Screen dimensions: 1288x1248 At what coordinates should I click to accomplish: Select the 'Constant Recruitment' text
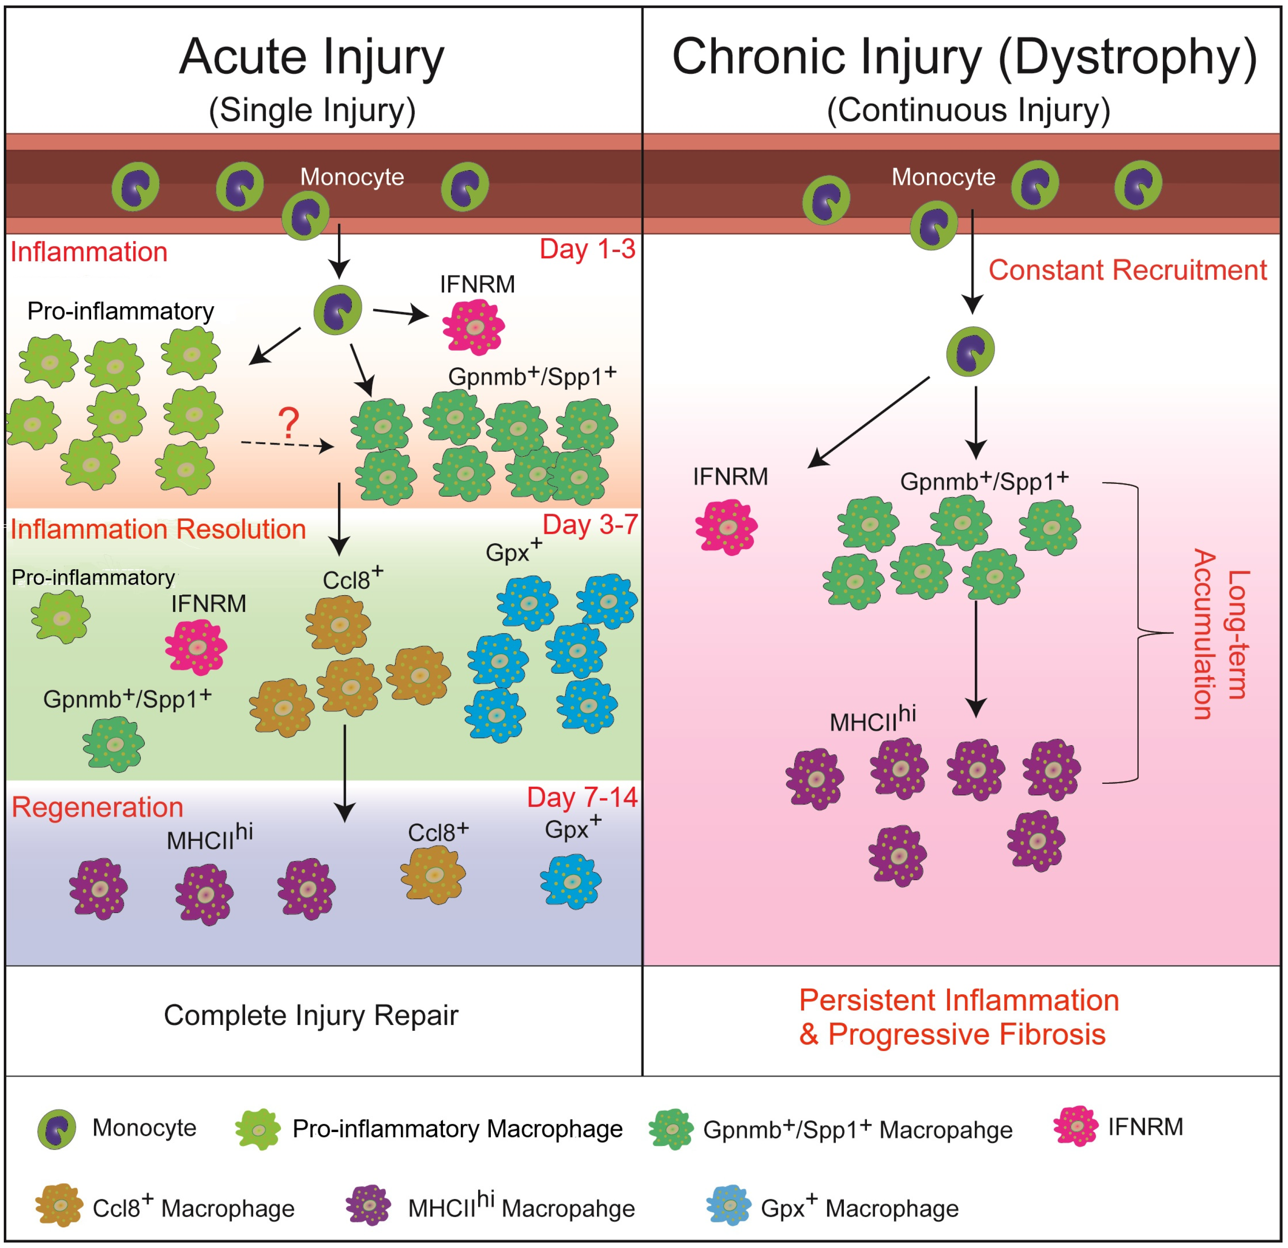pos(1128,270)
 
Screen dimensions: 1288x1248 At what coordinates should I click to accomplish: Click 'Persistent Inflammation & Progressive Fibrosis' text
pos(959,1017)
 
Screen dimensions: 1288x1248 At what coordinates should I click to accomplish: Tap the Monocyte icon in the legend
pos(57,1129)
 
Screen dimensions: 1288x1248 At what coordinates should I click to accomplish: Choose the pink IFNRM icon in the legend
pos(1076,1126)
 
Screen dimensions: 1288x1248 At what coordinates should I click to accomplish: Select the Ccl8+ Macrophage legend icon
pos(59,1205)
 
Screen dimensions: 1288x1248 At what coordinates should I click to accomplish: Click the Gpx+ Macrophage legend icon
pos(729,1205)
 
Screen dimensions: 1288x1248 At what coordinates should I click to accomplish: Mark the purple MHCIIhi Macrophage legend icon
pos(369,1205)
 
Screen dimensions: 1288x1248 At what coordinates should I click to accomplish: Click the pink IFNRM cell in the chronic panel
pos(726,527)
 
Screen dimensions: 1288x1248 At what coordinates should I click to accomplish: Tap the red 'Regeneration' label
pos(97,807)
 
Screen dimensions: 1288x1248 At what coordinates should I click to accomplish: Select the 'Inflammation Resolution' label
pos(158,529)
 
